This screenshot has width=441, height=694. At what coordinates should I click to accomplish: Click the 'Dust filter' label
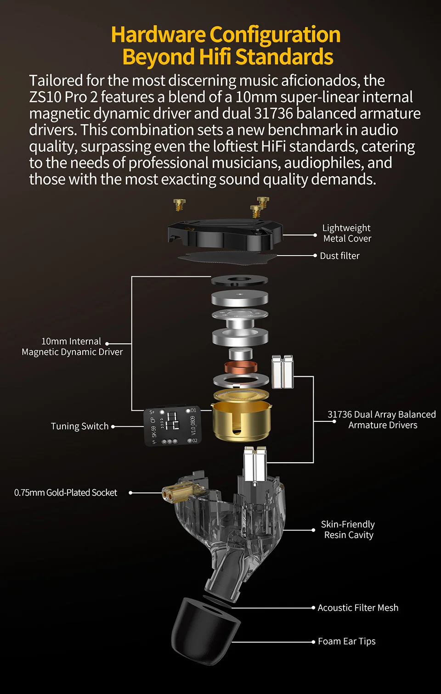[339, 256]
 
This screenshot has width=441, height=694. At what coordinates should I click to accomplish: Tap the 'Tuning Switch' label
[80, 426]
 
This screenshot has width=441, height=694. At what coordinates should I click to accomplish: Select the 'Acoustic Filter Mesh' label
[358, 608]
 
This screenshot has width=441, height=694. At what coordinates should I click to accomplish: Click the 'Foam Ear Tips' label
[347, 641]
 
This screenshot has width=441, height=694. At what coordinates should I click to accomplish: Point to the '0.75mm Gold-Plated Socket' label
[66, 493]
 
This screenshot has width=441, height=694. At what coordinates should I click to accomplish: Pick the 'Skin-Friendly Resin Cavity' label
[348, 530]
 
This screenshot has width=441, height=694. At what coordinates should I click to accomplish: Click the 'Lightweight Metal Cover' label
[347, 233]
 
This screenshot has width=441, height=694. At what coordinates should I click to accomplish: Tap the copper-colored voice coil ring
[241, 368]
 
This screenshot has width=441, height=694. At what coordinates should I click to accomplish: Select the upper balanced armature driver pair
[283, 371]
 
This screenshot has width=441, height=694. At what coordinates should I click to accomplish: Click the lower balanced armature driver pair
[255, 464]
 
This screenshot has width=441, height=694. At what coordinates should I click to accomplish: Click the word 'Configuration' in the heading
[275, 35]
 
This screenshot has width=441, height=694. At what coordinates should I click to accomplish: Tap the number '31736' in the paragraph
[273, 113]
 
